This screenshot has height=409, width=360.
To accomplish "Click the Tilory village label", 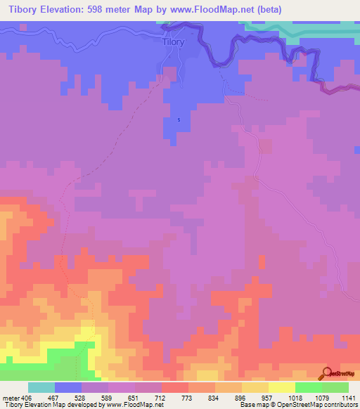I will click(x=173, y=42).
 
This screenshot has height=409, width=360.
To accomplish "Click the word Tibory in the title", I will click(x=20, y=9).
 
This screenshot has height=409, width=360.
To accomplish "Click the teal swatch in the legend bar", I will click(x=41, y=387).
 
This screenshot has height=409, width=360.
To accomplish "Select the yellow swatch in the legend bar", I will click(x=281, y=387).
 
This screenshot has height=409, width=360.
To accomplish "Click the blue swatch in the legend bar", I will click(x=67, y=387).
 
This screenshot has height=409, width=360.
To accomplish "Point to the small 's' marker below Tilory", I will click(x=179, y=119).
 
